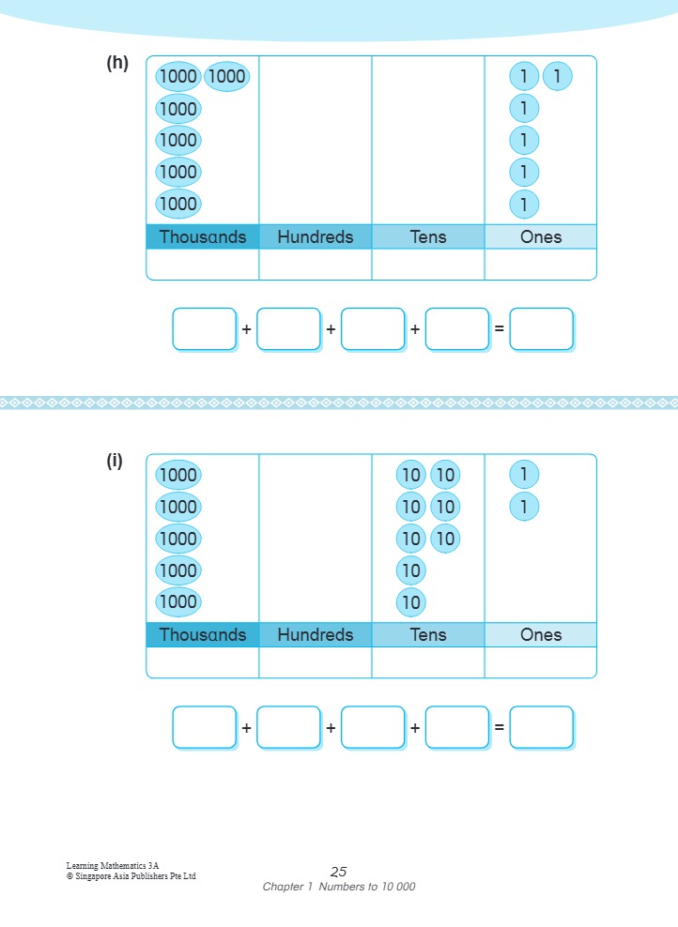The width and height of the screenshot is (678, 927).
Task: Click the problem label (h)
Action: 117,64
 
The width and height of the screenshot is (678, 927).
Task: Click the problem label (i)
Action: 115,461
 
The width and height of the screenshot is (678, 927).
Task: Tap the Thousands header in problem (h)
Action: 203,236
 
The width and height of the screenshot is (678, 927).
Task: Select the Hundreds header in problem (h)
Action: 316,236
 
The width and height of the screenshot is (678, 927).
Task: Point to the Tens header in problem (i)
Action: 428,634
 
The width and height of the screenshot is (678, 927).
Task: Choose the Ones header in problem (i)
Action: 541,634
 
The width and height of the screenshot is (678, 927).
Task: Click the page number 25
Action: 339,872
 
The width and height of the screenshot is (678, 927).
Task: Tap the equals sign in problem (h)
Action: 500,329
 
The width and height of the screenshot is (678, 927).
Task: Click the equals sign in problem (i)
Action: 500,727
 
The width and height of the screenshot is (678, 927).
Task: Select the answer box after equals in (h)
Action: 541,329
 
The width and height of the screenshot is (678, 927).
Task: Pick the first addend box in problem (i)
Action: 204,727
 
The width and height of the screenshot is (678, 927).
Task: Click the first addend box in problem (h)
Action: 204,329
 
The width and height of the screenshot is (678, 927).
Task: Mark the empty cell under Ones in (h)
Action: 541,264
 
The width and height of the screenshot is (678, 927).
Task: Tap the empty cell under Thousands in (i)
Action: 203,661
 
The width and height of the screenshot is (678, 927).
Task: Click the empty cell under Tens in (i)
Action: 428,661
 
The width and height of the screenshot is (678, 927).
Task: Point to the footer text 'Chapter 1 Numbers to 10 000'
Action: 339,887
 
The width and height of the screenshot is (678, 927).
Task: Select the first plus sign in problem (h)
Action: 246,329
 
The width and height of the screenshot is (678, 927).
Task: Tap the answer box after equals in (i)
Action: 541,727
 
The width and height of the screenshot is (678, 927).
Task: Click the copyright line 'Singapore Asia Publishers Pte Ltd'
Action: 131,876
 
